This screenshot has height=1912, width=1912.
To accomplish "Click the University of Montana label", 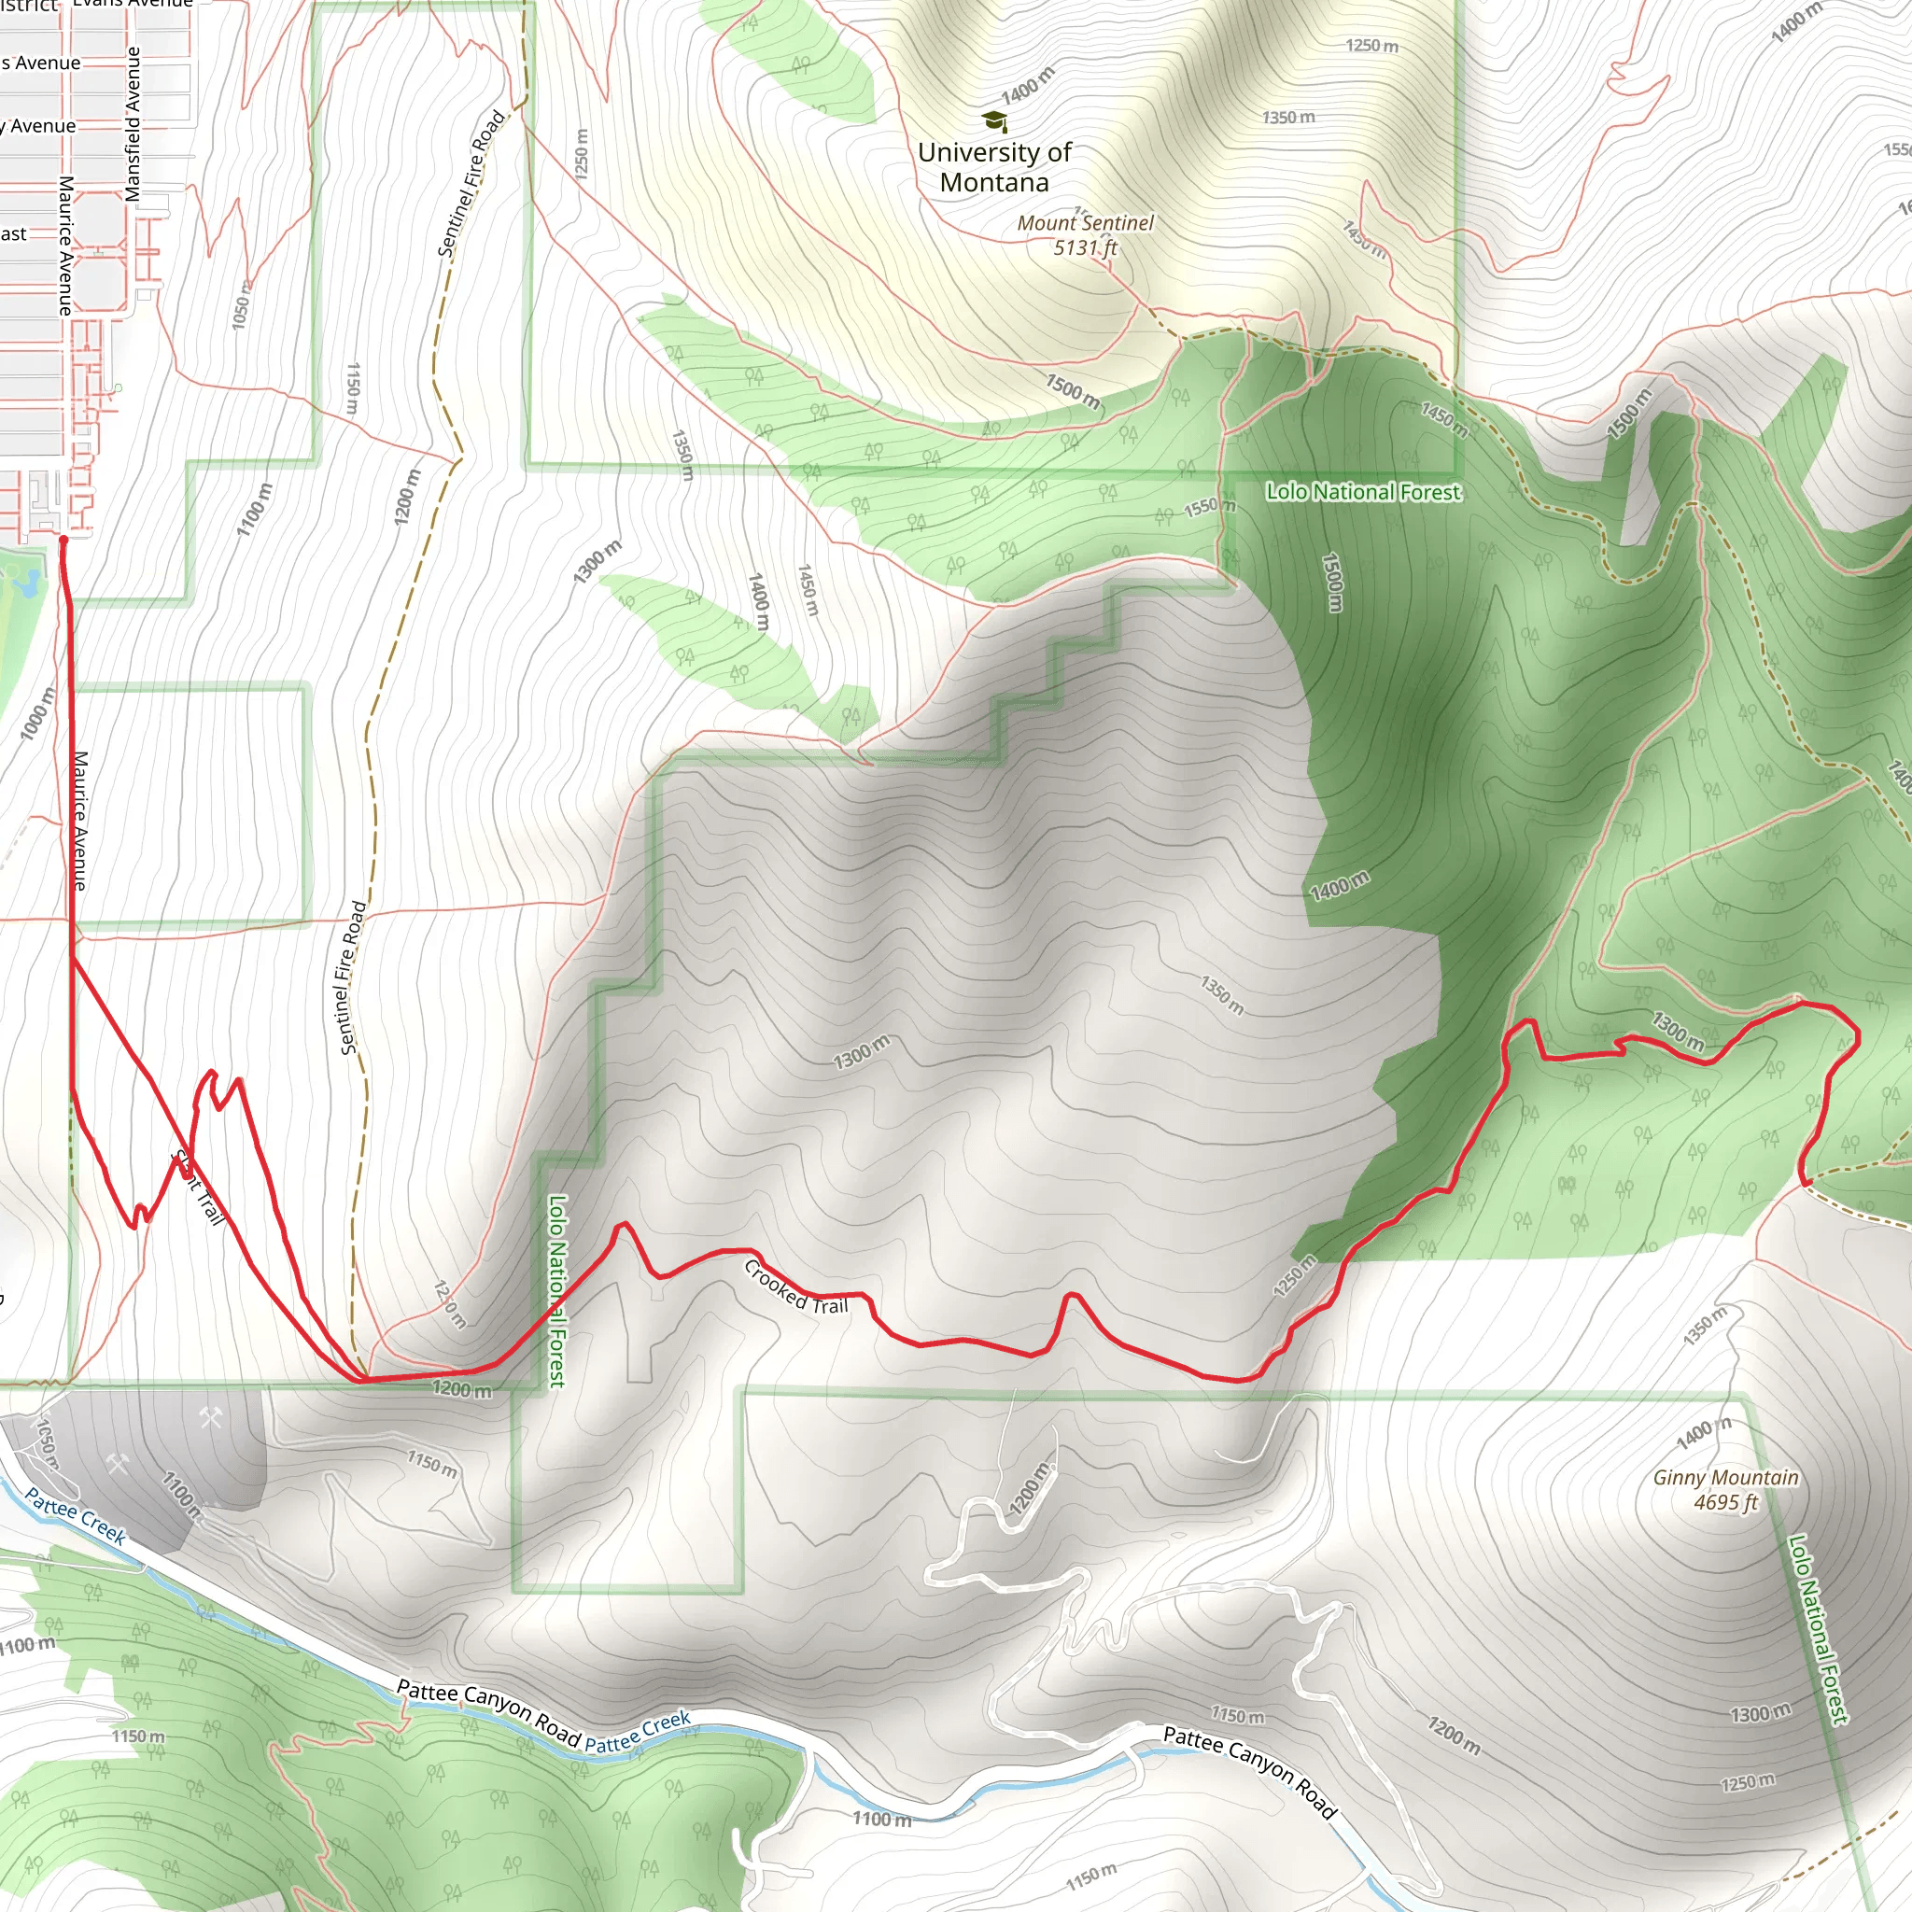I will pyautogui.click(x=993, y=167).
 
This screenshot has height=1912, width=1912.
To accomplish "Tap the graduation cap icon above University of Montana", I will pyautogui.click(x=993, y=121).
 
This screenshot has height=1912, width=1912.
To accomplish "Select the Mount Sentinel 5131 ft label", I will pyautogui.click(x=1085, y=235).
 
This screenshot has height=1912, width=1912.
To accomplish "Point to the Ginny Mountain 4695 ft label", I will pyautogui.click(x=1726, y=1489).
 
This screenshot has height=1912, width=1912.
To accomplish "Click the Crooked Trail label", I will pyautogui.click(x=795, y=1286).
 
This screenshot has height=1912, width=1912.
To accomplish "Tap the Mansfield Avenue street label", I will pyautogui.click(x=133, y=124).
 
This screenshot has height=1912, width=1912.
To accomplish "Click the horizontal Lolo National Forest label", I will pyautogui.click(x=1363, y=492).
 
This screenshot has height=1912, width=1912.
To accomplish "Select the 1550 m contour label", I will pyautogui.click(x=1209, y=507).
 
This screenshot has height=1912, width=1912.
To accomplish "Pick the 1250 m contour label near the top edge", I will pyautogui.click(x=1371, y=46).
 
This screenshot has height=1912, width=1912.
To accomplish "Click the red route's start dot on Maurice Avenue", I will pyautogui.click(x=63, y=541).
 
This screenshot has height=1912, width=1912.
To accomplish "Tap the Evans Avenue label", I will pyautogui.click(x=133, y=3).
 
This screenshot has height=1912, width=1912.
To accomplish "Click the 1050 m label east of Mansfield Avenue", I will pyautogui.click(x=242, y=304).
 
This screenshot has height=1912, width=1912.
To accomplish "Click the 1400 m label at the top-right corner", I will pyautogui.click(x=1796, y=21).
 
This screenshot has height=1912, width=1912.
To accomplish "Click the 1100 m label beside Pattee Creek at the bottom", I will pyautogui.click(x=881, y=1818).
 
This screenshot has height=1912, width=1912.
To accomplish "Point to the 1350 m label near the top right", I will pyautogui.click(x=1288, y=117).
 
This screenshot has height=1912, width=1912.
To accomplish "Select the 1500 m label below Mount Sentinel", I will pyautogui.click(x=1073, y=391).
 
